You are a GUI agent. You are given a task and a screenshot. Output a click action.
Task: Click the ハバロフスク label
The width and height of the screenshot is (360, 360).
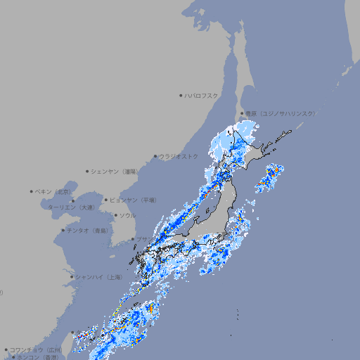(x=202, y=95)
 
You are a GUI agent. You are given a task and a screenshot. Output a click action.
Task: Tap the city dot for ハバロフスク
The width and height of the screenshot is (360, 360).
(x=181, y=95)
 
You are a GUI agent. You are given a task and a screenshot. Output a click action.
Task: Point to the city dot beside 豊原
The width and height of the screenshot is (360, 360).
(x=242, y=113)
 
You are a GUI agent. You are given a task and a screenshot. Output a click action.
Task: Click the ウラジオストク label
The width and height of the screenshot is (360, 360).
(x=179, y=156)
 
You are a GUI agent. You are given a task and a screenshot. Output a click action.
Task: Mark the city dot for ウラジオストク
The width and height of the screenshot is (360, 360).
(x=155, y=156)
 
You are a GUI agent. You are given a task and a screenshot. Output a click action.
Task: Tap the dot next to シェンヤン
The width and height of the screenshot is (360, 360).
(x=88, y=171)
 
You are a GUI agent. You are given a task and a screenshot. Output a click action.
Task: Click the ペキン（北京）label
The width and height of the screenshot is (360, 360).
(x=53, y=191)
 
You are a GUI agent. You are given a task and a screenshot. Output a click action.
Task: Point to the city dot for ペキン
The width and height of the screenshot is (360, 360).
(x=32, y=191)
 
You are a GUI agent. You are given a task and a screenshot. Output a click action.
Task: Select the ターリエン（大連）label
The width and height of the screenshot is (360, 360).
(x=70, y=207)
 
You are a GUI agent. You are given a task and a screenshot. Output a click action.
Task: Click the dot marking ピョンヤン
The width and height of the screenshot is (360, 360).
(x=106, y=200)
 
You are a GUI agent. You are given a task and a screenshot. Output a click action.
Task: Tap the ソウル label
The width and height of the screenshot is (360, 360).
(x=127, y=215)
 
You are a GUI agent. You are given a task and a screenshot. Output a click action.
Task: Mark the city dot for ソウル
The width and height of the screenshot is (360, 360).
(x=116, y=215)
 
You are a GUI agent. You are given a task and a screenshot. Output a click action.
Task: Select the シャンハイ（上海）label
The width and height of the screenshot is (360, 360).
(x=98, y=277)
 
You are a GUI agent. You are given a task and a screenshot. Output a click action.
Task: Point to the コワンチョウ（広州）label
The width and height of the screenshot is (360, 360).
(x=35, y=349)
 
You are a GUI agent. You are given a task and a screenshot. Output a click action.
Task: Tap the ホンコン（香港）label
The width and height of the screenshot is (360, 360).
(x=35, y=357)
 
